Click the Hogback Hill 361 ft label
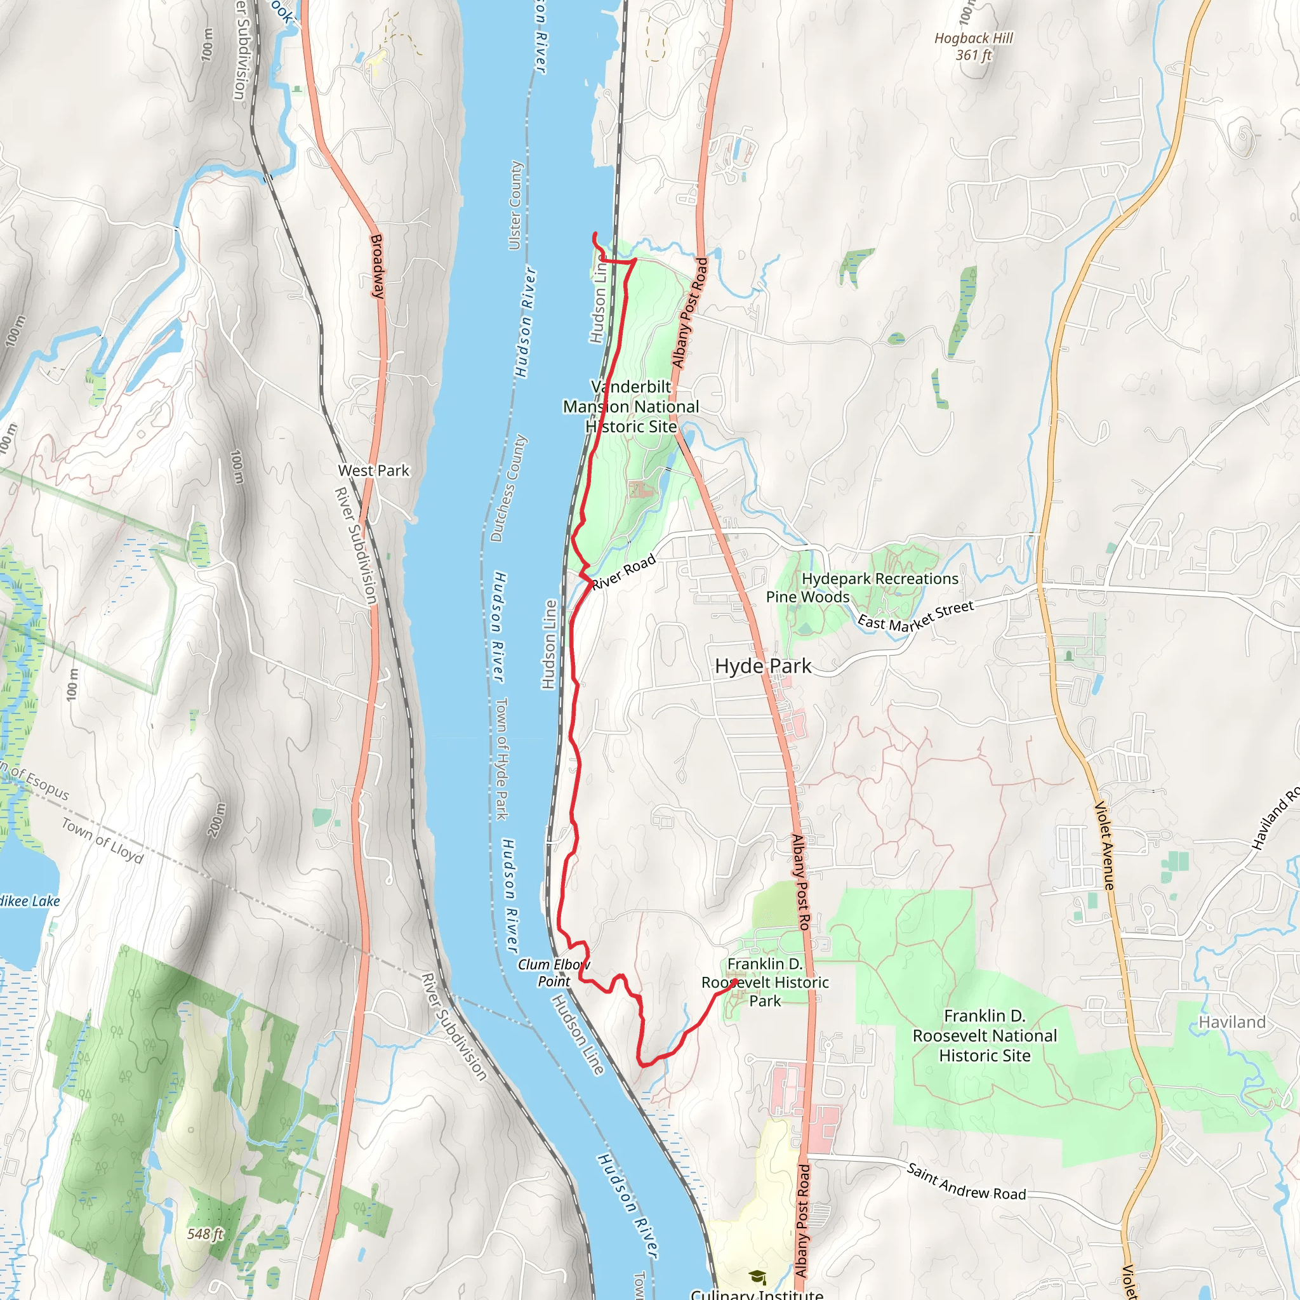973,46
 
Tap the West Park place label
373,470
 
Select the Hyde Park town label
763,666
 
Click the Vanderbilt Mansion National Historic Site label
630,406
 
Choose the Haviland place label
1231,1022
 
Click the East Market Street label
915,616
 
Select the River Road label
624,572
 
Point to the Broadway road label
378,266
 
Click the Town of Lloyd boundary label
103,841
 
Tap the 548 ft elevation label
204,1233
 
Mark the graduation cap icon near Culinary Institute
757,1277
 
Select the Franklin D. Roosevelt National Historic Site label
984,1035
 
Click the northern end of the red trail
594,234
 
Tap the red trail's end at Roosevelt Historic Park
736,982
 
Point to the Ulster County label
515,205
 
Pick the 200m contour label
217,819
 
